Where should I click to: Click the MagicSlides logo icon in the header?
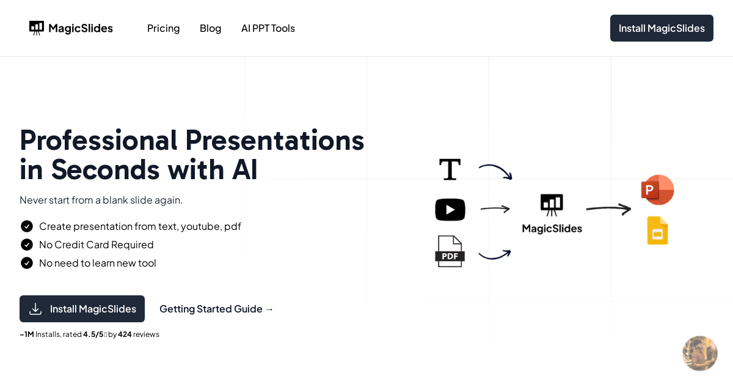pos(37,28)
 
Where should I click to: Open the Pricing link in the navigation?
pos(163,28)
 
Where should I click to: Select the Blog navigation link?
pos(210,28)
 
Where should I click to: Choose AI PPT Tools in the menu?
pos(268,28)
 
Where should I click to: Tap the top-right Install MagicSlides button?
pos(662,28)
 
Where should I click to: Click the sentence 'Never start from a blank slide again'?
pos(101,200)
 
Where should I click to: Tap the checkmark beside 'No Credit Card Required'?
pos(27,245)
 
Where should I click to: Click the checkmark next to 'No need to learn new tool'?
pos(27,263)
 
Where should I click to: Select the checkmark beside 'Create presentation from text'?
pos(27,226)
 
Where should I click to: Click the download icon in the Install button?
pos(35,309)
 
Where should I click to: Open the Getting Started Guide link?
pos(216,309)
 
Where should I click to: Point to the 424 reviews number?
pos(125,334)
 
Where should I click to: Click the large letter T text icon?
pos(450,169)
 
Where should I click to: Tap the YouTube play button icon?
pos(450,210)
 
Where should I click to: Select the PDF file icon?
pos(450,251)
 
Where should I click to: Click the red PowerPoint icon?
pos(657,190)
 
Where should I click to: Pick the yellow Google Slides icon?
pos(657,231)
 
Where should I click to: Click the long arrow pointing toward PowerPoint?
pos(608,209)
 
